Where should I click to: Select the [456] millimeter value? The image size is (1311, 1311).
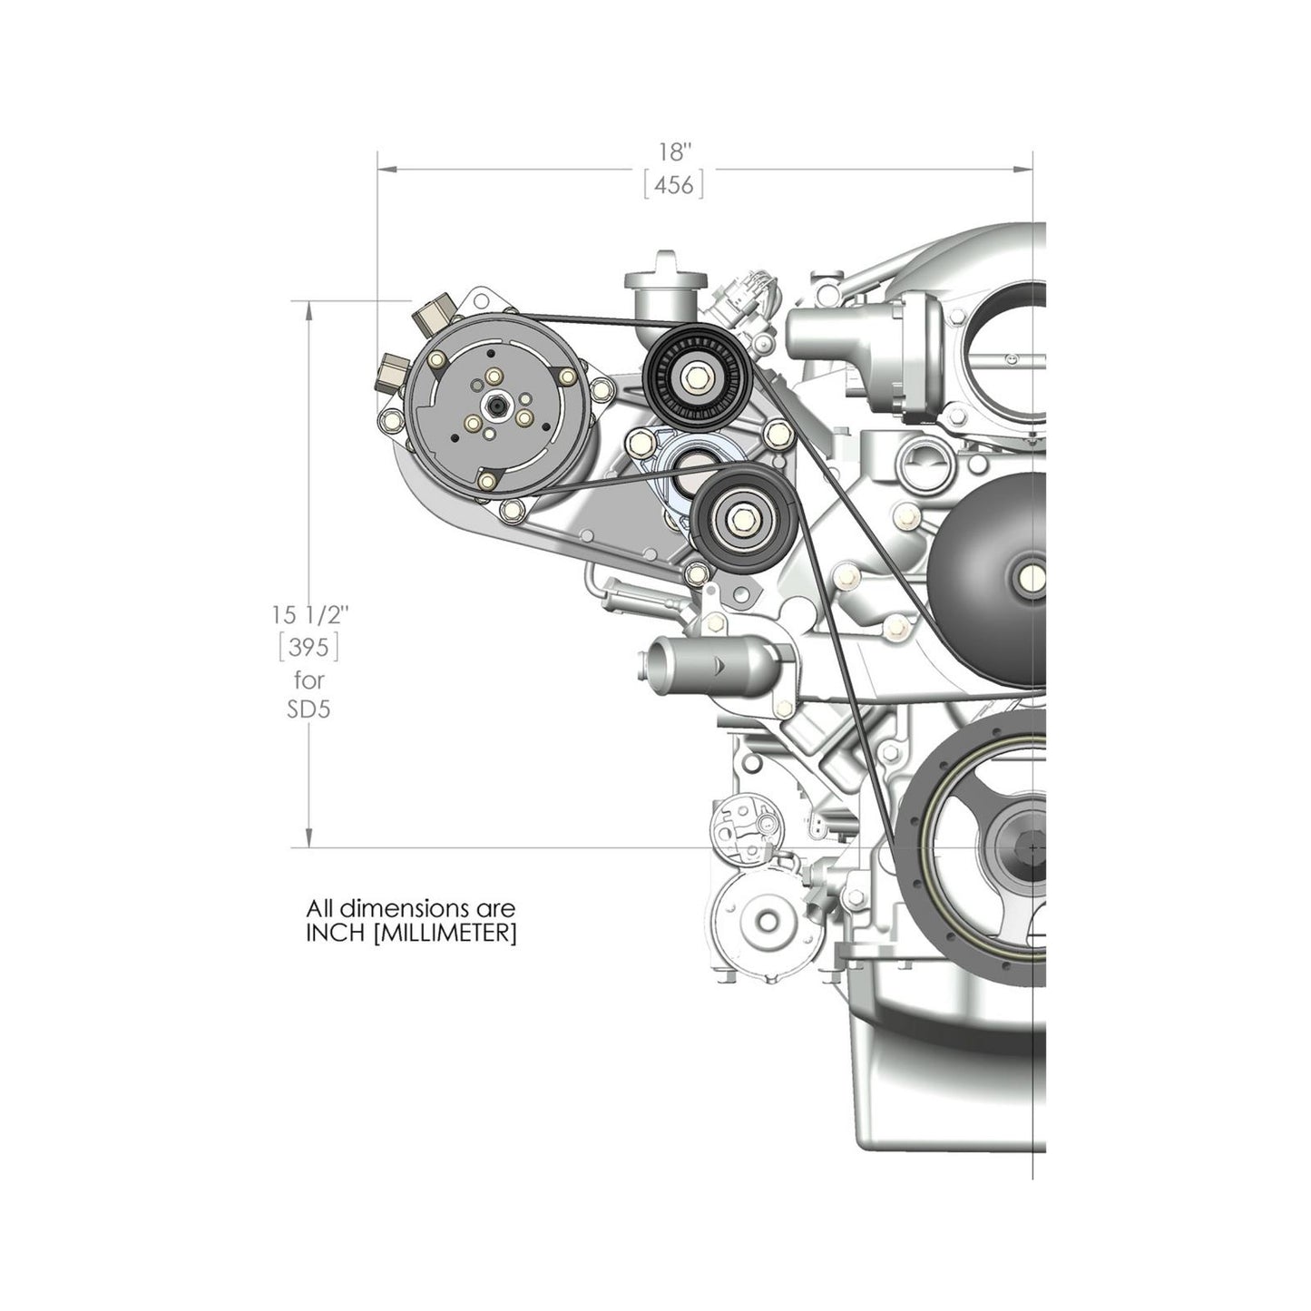(x=674, y=185)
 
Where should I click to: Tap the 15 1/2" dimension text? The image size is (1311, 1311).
(x=310, y=614)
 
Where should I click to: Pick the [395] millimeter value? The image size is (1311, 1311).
(x=310, y=647)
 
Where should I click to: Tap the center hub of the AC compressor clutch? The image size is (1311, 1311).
(x=497, y=406)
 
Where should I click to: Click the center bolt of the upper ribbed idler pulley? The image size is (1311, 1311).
(x=696, y=374)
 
